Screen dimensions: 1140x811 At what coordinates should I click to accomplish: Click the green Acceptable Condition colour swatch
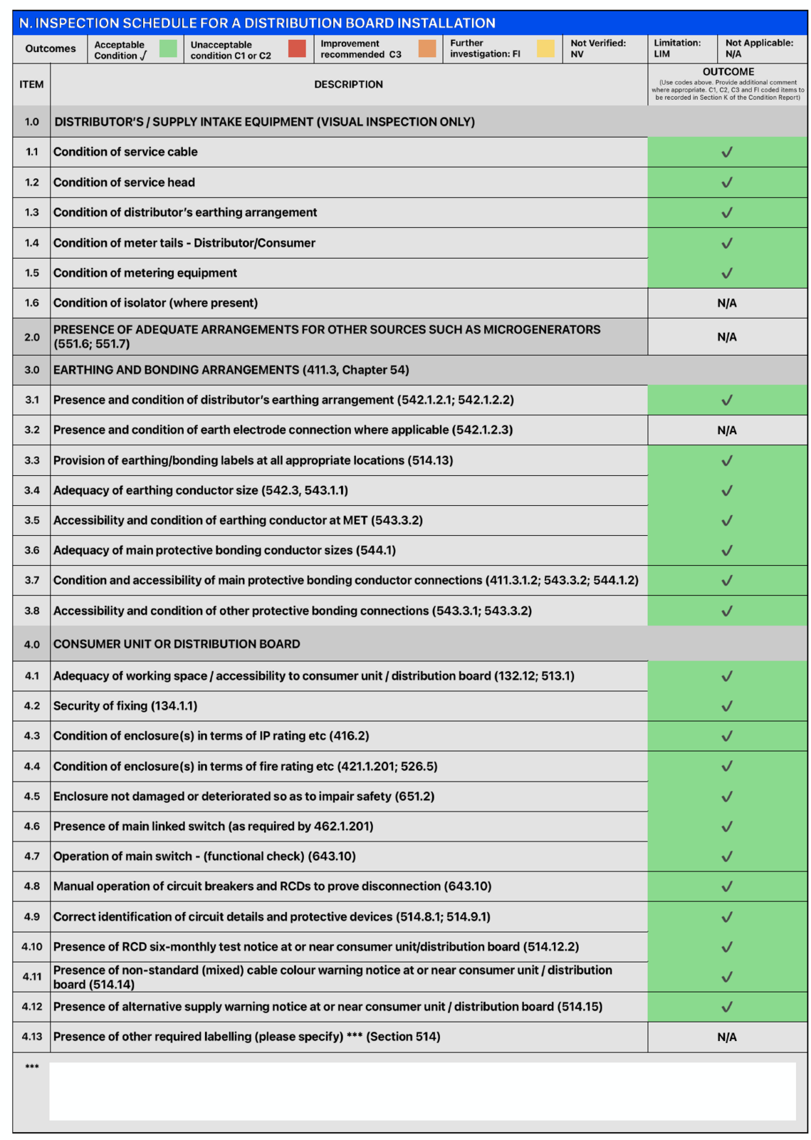(168, 48)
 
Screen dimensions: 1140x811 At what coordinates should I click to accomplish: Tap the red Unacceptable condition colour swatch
(297, 48)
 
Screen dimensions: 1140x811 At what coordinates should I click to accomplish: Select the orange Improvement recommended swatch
(427, 48)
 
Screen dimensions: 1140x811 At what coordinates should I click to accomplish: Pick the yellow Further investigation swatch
(546, 48)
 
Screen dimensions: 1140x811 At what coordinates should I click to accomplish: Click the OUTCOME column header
(728, 72)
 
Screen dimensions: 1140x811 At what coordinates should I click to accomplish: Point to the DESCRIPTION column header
(348, 84)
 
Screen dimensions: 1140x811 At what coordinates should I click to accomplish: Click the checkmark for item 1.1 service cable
(727, 152)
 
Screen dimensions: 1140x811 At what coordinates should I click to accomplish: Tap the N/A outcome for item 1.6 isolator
(727, 304)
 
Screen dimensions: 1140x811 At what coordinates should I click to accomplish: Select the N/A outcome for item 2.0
(727, 337)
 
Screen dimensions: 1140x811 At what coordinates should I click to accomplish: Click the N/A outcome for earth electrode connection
(727, 430)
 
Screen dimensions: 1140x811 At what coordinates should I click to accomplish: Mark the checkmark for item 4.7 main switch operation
(727, 857)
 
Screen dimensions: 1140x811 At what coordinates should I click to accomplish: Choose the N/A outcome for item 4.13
(727, 1037)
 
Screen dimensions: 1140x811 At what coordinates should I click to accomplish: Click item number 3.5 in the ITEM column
(32, 521)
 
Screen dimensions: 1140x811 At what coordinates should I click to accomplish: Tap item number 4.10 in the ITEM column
(32, 947)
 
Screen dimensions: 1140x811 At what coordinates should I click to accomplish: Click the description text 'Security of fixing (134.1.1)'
(125, 706)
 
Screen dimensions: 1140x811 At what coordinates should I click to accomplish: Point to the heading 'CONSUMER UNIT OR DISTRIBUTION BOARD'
(177, 644)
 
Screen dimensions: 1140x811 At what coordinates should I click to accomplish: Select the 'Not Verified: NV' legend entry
(598, 48)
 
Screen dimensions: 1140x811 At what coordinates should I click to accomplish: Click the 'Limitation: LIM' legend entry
(677, 48)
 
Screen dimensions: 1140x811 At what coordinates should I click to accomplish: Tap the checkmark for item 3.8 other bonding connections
(727, 611)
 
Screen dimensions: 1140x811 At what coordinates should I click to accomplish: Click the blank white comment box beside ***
(422, 1092)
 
